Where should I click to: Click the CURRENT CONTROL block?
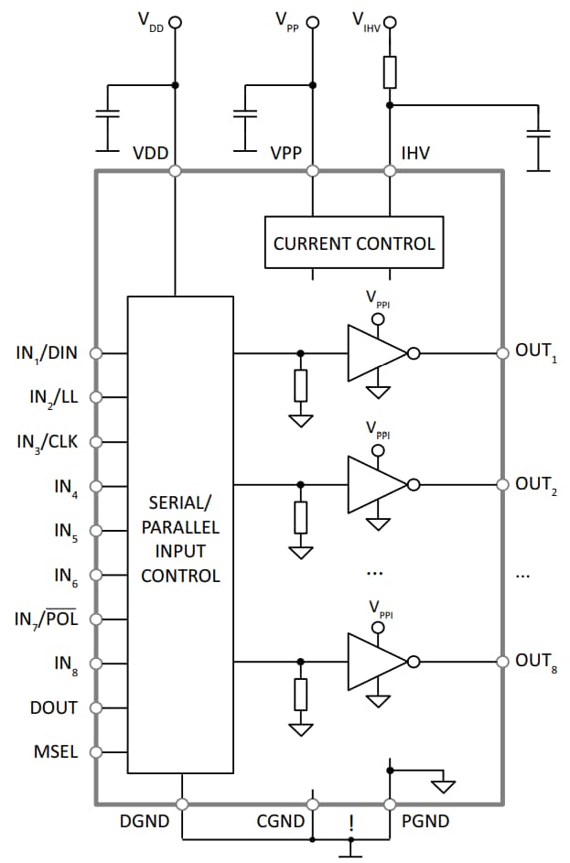point(354,243)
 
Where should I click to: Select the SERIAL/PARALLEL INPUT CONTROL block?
point(180,539)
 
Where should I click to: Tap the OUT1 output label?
point(535,351)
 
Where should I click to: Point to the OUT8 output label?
point(535,661)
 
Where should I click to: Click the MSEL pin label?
point(56,752)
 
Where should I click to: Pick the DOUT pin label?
point(54,707)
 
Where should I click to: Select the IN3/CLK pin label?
point(48,441)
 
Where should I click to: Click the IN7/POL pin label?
point(46,620)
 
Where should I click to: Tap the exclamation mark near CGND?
point(350,823)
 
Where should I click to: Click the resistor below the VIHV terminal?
point(391,71)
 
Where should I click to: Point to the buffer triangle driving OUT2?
point(374,485)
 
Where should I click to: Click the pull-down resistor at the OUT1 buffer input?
point(300,385)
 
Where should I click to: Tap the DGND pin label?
point(145,822)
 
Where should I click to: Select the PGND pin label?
point(425,822)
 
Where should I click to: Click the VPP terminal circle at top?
point(312,22)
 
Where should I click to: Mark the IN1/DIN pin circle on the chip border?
point(96,352)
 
